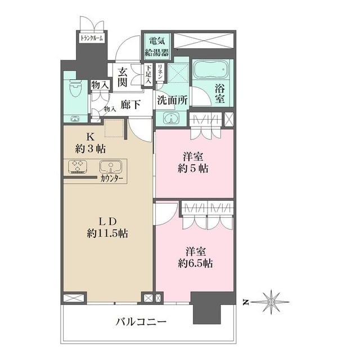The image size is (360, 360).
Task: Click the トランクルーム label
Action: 91,38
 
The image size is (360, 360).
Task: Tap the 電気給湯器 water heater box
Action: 157,47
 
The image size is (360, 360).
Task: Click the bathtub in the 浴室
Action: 211,70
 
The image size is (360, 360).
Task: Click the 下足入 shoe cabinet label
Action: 148,74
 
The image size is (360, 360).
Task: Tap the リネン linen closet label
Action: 160,71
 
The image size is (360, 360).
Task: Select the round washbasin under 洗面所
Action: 171,118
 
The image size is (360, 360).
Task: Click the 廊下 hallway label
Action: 130,105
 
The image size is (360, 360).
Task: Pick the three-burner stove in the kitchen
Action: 78,166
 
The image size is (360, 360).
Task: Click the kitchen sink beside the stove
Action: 110,166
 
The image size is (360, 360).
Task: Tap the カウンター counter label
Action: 112,179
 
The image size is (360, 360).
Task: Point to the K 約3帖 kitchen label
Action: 91,143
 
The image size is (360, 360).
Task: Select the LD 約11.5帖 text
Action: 107,228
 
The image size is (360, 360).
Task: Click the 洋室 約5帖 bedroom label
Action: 193,163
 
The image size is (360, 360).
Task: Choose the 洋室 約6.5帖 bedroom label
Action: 195,258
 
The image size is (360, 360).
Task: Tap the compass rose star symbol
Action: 271,302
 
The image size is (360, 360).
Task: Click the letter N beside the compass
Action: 246,303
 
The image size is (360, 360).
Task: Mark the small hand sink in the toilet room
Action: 74,119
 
